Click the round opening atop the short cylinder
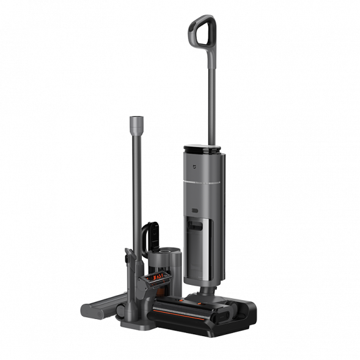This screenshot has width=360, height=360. (167, 251)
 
